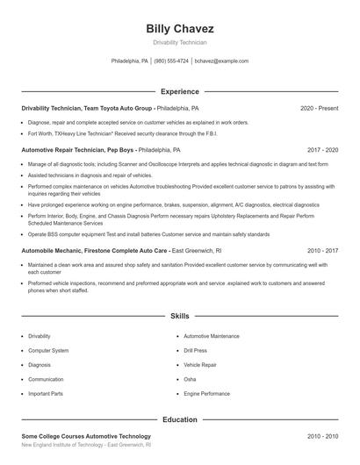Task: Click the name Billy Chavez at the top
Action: [180, 28]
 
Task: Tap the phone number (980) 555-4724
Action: [171, 61]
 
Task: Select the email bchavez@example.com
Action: [221, 61]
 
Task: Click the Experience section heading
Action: [180, 91]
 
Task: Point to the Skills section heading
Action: [180, 315]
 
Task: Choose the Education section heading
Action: [180, 419]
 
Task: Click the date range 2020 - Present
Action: [319, 108]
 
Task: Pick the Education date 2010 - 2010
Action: [322, 436]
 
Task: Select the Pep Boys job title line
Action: [101, 150]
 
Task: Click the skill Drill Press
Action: [195, 350]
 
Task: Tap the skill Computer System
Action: [48, 350]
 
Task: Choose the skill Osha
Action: [190, 379]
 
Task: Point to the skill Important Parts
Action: [46, 394]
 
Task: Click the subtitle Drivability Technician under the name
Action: [180, 42]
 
